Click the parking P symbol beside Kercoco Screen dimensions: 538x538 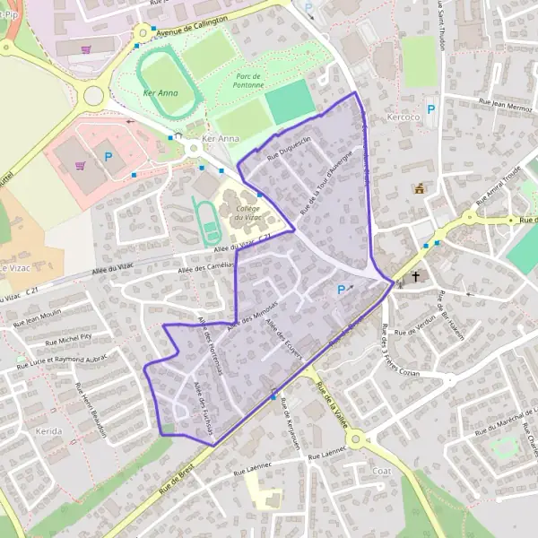430,109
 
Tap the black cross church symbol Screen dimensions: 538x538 417,277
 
